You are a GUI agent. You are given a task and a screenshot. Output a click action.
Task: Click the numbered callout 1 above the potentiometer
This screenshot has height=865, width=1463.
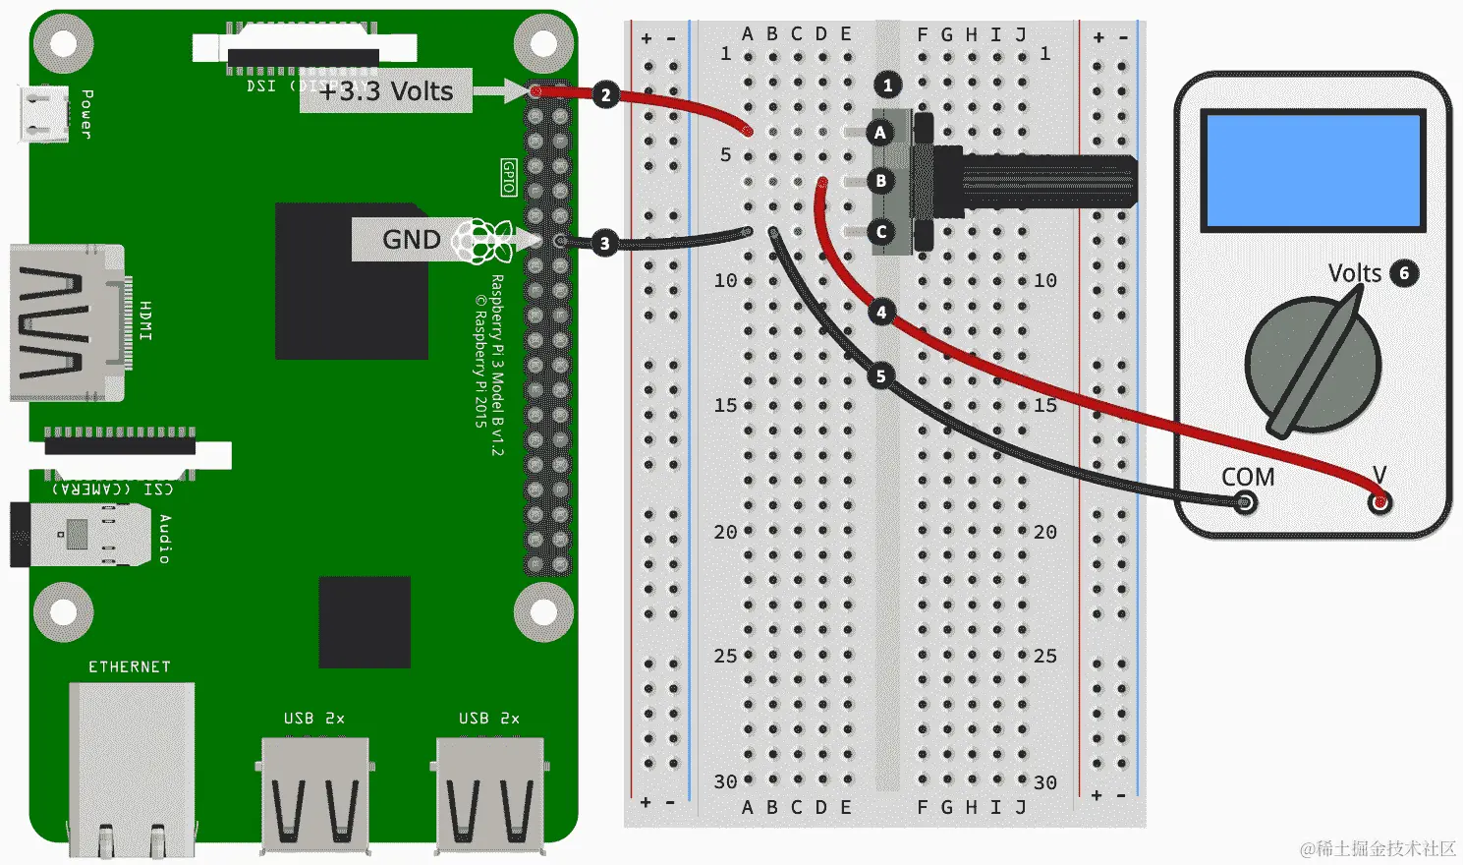click(887, 86)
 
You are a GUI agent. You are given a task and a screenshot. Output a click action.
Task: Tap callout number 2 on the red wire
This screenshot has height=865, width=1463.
click(605, 95)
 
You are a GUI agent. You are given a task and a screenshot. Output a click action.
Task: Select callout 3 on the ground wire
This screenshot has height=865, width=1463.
click(604, 243)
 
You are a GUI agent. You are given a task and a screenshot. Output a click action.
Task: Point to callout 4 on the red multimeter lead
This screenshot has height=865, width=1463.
click(881, 313)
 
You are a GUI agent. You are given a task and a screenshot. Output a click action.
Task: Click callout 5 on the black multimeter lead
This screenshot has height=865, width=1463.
click(880, 375)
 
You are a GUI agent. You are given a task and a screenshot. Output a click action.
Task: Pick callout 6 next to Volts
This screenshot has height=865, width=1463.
click(1404, 273)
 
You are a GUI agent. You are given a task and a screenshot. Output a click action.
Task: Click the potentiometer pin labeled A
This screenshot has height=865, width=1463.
click(880, 133)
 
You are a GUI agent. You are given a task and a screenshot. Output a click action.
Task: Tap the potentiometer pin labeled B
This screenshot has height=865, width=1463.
click(880, 181)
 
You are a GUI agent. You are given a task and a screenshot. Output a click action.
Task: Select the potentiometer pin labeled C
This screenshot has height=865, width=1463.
click(880, 232)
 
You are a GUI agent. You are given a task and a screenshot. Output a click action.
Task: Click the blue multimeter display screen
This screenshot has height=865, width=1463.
click(1314, 170)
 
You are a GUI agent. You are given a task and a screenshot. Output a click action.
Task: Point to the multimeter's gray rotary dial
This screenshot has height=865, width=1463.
click(1313, 365)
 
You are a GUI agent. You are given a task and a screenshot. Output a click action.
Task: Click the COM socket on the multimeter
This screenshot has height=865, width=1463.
click(1245, 503)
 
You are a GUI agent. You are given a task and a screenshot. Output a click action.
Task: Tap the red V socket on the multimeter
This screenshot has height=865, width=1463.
click(1380, 503)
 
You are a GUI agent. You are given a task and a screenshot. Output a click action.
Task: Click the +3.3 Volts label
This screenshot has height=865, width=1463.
click(386, 91)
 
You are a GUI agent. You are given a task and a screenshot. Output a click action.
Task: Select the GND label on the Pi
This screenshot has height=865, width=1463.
click(411, 240)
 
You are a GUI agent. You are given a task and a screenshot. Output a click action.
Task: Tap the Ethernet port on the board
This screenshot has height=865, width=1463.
click(131, 762)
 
